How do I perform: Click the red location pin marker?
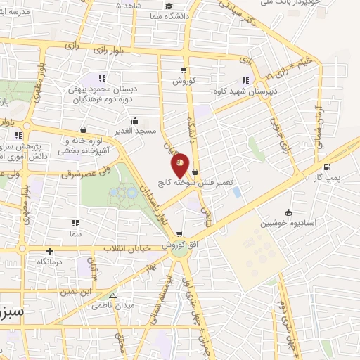point(181,165)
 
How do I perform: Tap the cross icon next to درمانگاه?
point(49,251)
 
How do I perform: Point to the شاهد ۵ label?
point(129,6)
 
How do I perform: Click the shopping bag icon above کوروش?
point(184,70)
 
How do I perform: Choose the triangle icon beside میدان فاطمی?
point(112,295)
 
